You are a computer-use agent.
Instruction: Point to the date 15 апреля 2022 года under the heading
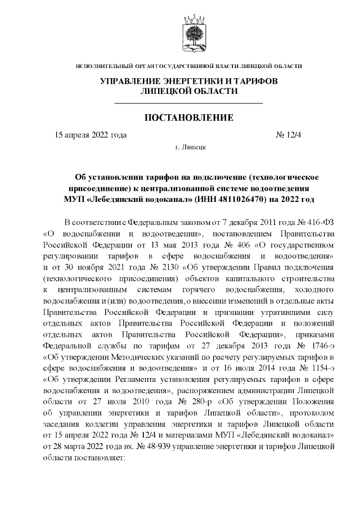click(x=90, y=135)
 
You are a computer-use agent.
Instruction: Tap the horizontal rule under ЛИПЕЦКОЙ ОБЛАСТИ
click(x=188, y=103)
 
